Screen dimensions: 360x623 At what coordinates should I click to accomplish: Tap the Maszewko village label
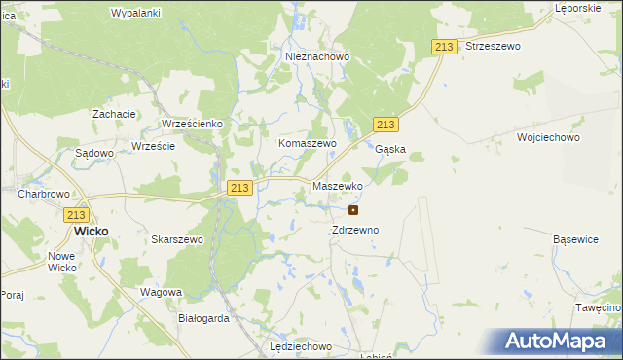coord(338,185)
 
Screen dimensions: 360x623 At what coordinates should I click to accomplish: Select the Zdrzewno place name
coord(354,230)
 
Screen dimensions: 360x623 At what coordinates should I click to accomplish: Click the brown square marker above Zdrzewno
coord(353,209)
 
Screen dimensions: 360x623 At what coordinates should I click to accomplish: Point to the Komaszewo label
coord(307,143)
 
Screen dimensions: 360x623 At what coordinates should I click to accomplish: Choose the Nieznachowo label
coord(317,56)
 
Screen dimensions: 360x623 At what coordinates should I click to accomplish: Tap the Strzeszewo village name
coord(494,46)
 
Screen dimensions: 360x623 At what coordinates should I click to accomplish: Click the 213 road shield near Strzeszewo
coord(444,47)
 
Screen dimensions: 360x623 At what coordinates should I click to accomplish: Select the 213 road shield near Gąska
coord(385,125)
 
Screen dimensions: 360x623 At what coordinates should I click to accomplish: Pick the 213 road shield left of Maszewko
coord(239,187)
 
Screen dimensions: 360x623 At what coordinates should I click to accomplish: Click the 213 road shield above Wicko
coord(77,215)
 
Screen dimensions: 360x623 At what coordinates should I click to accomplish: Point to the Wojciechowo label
coord(549,138)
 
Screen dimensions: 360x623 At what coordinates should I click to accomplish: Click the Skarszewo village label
coord(177,239)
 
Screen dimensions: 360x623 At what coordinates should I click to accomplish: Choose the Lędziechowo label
coord(301,346)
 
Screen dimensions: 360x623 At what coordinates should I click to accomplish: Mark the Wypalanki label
coord(135,13)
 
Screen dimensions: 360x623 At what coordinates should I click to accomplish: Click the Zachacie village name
coord(114,114)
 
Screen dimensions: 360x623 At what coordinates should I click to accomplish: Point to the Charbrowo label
coord(41,194)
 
